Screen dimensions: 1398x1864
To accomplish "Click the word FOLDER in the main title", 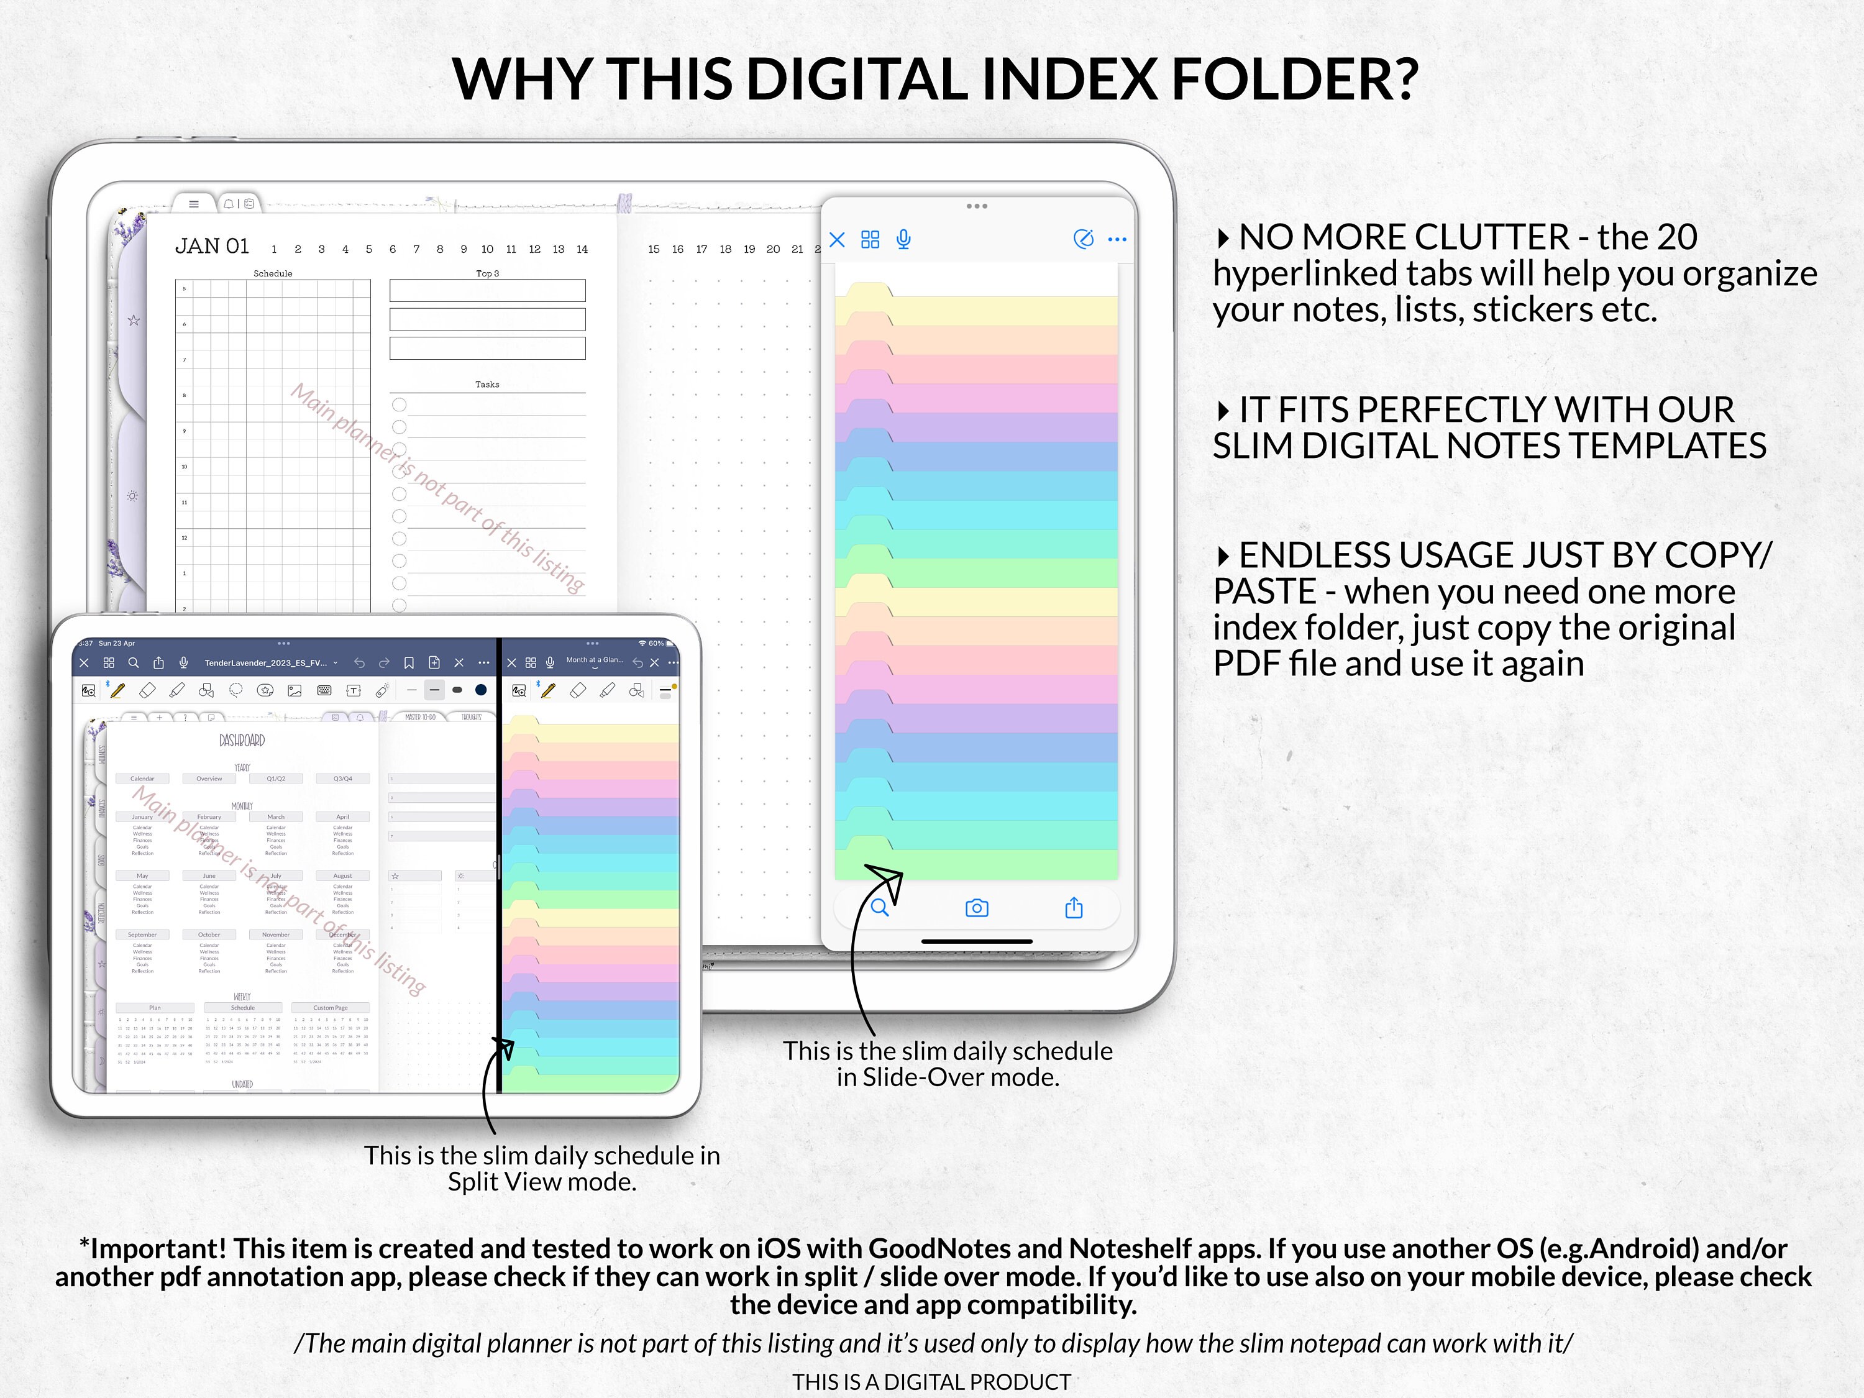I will pyautogui.click(x=1294, y=79).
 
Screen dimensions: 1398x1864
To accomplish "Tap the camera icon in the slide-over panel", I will pyautogui.click(x=977, y=908).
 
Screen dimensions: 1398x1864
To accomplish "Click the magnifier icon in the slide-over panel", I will pyautogui.click(x=879, y=908).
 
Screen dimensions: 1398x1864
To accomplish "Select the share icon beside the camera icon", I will pyautogui.click(x=1074, y=908).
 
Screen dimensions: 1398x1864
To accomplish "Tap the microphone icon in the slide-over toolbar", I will pyautogui.click(x=903, y=239).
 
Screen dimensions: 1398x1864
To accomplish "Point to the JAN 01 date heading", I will pyautogui.click(x=211, y=246).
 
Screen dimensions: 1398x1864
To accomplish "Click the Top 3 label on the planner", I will pyautogui.click(x=487, y=273).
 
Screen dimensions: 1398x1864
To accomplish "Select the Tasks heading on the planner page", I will pyautogui.click(x=487, y=384).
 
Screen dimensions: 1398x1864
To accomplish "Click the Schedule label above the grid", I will pyautogui.click(x=272, y=273).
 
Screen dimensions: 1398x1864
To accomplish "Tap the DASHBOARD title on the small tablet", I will pyautogui.click(x=242, y=741).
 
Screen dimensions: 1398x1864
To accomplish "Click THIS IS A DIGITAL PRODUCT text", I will pyautogui.click(x=931, y=1382).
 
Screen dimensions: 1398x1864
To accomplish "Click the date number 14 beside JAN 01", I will pyautogui.click(x=582, y=249).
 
